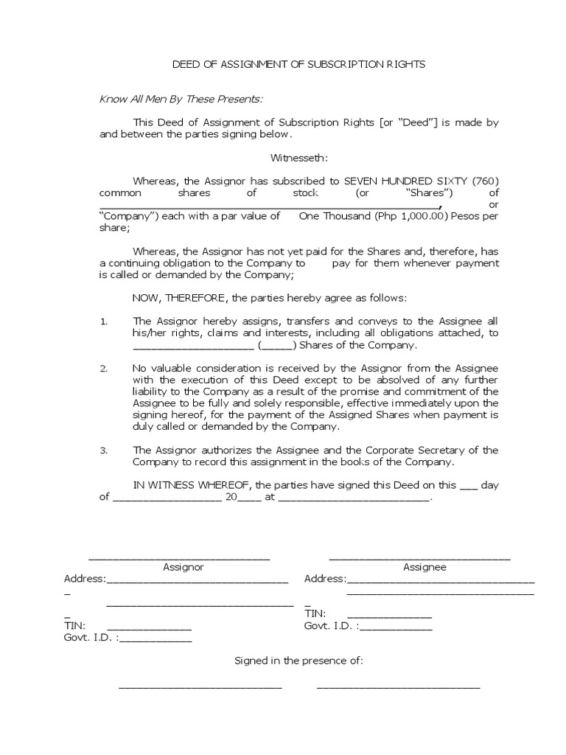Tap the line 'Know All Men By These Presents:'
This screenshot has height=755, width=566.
pos(181,100)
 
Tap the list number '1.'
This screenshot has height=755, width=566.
pos(104,321)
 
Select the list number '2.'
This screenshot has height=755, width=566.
pos(104,368)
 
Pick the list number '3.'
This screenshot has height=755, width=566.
pos(104,450)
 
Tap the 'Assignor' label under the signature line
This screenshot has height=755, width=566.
pos(183,568)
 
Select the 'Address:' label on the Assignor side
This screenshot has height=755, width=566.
pos(85,579)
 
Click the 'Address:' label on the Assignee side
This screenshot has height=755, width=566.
pos(325,579)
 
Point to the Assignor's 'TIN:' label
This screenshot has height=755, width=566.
pos(74,626)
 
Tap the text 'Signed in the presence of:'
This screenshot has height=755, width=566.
pos(298,661)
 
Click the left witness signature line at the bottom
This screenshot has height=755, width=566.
pos(200,687)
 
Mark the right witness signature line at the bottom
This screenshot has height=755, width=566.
pos(398,687)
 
